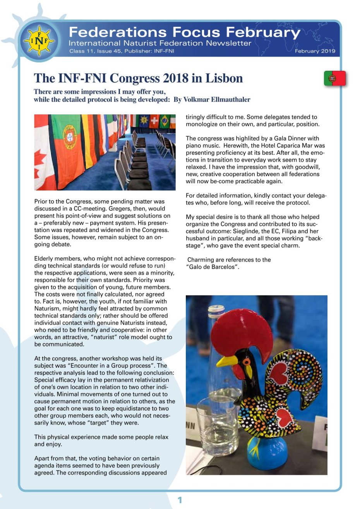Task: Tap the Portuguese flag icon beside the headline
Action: click(334, 78)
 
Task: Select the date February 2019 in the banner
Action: click(315, 51)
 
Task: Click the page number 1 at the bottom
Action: click(179, 500)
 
